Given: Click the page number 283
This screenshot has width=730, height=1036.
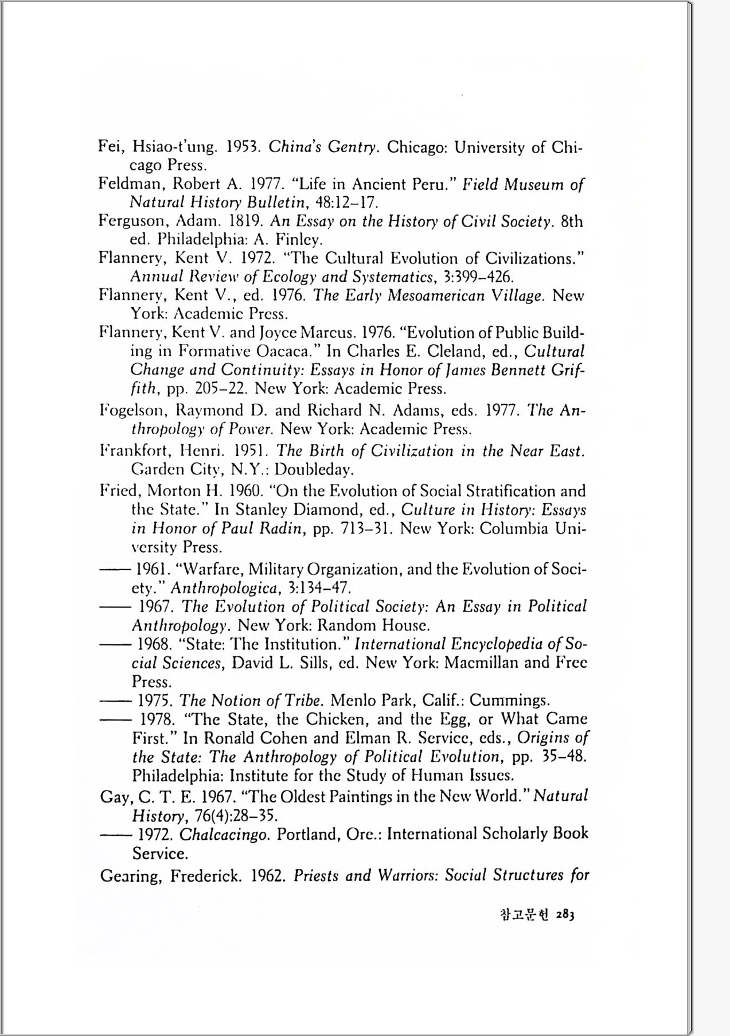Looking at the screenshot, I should (x=565, y=915).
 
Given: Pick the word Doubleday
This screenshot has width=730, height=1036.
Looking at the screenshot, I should (x=313, y=470).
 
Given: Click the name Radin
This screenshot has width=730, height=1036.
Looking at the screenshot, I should (x=281, y=528).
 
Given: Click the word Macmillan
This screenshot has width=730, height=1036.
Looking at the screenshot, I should (x=482, y=663).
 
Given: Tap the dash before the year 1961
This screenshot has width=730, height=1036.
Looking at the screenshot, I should (x=112, y=570).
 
